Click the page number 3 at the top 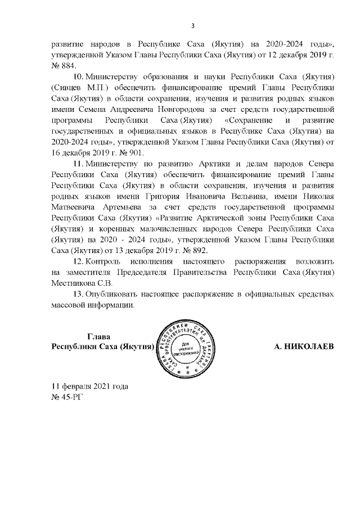pos(193,25)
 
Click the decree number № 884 pos(64,66)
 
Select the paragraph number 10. pos(79,76)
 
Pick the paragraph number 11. pos(79,164)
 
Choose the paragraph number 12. pos(79,263)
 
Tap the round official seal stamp pos(189,347)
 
